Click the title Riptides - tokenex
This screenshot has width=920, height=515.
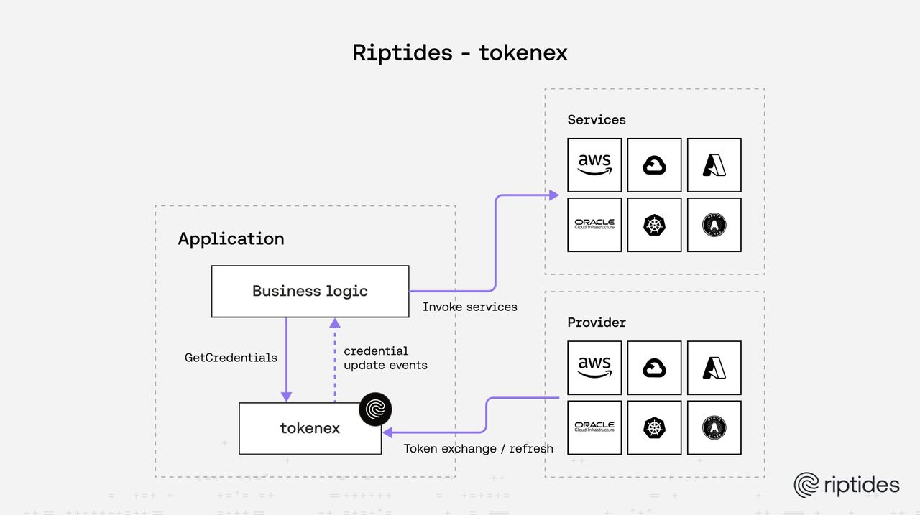pyautogui.click(x=460, y=52)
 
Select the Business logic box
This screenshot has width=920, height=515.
pyautogui.click(x=310, y=291)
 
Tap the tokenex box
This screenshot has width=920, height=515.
pyautogui.click(x=310, y=428)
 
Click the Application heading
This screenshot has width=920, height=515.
pyautogui.click(x=231, y=238)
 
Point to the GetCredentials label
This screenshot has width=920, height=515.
pyautogui.click(x=231, y=357)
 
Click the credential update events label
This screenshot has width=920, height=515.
pyautogui.click(x=385, y=358)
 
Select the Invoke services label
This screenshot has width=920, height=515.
pyautogui.click(x=469, y=307)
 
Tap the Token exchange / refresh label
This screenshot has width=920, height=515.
pyautogui.click(x=478, y=448)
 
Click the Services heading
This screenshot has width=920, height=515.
pyautogui.click(x=597, y=120)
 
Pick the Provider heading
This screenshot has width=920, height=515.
pyautogui.click(x=597, y=323)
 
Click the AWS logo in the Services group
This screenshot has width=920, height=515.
pyautogui.click(x=594, y=165)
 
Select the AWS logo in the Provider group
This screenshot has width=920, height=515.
pyautogui.click(x=594, y=368)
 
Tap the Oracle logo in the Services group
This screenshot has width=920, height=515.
pyautogui.click(x=594, y=225)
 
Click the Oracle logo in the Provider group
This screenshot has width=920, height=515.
pyautogui.click(x=594, y=427)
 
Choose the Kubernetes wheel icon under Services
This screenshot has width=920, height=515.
pyautogui.click(x=654, y=225)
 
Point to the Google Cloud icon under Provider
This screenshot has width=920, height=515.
pyautogui.click(x=654, y=368)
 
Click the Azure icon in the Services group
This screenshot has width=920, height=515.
pyautogui.click(x=714, y=165)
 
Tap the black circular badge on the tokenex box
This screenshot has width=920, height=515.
pyautogui.click(x=376, y=409)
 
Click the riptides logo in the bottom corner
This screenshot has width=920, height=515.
pyautogui.click(x=846, y=485)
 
